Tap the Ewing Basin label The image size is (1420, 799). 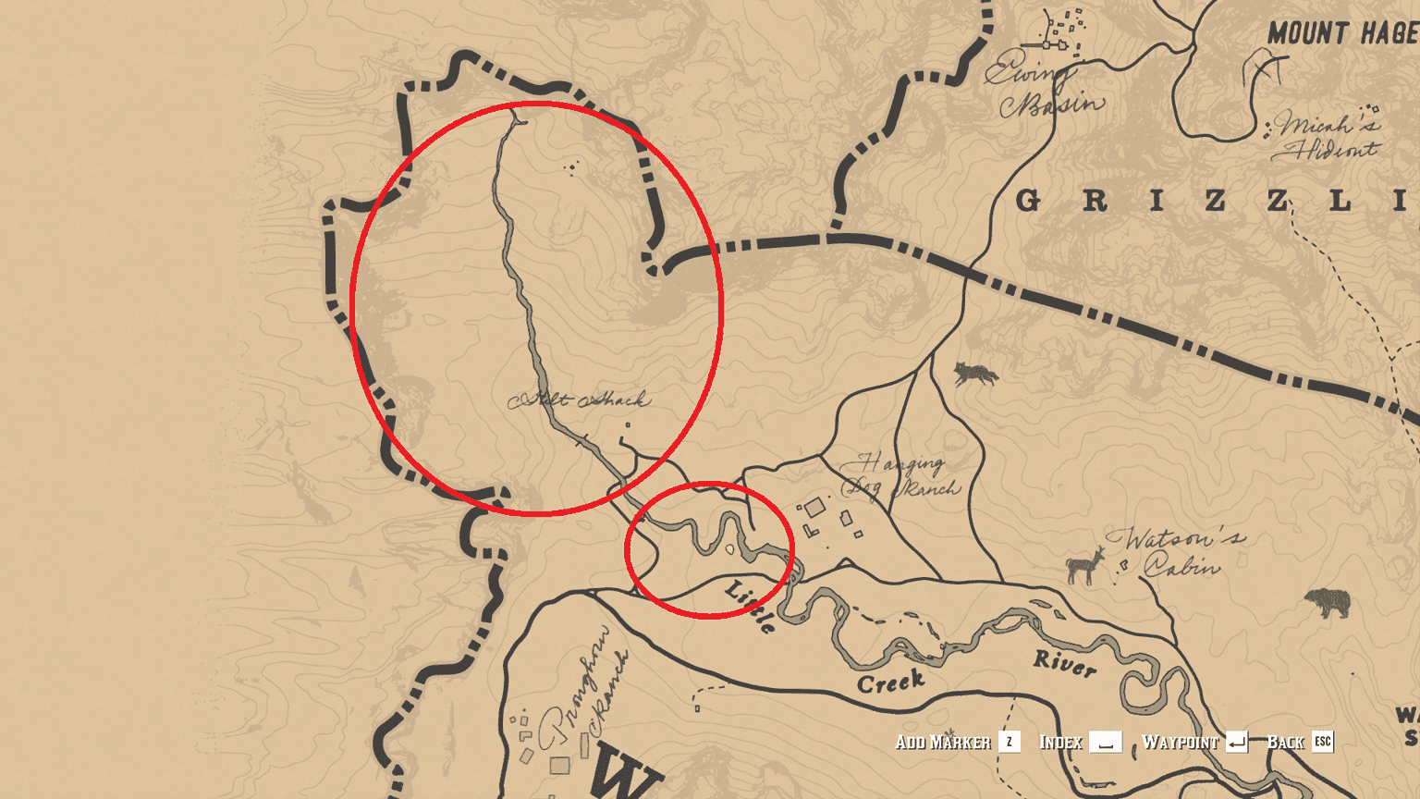point(1045,88)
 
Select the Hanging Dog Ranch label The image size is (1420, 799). point(901,475)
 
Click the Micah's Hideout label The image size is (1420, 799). point(1326,136)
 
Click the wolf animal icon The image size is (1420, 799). point(976,374)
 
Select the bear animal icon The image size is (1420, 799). point(1328,603)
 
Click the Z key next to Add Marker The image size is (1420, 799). point(1010,742)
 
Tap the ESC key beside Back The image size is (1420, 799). point(1323,742)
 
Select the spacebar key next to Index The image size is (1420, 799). point(1105,742)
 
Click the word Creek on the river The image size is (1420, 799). point(891,682)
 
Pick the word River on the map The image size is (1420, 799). point(1064,662)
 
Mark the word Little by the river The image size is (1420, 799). point(751,606)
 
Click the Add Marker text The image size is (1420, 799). point(942,742)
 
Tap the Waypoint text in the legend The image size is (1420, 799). point(1180,742)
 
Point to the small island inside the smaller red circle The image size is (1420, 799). point(730,549)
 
